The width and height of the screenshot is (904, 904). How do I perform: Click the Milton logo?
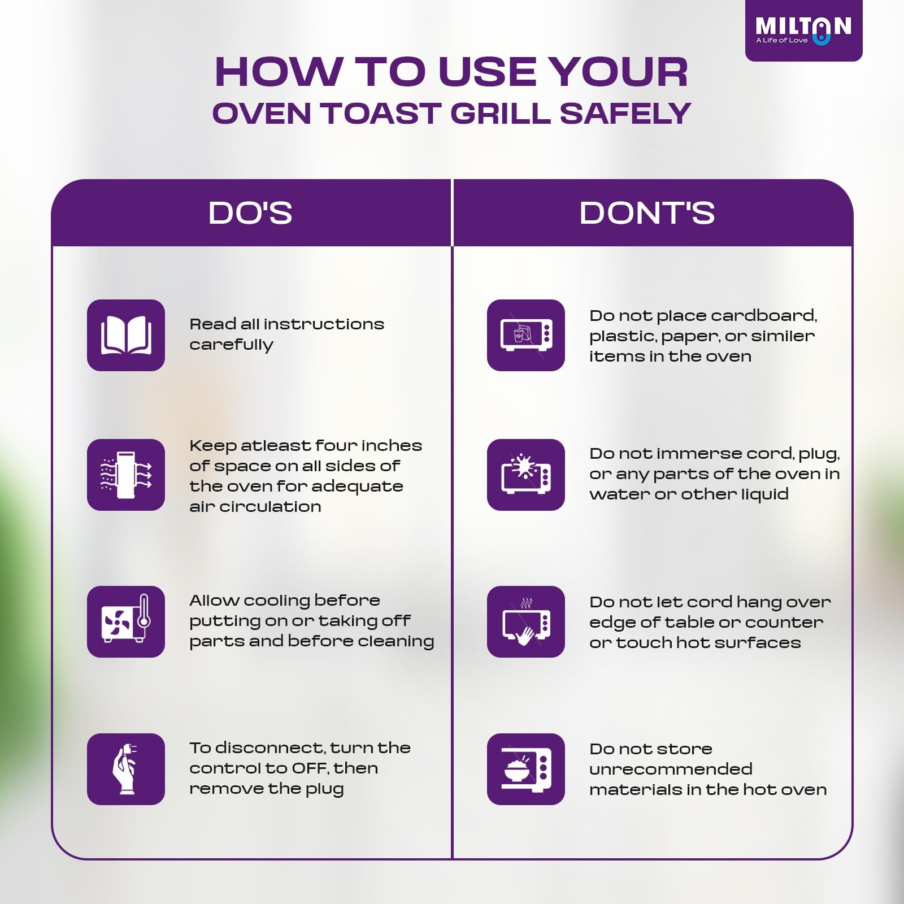[x=803, y=31]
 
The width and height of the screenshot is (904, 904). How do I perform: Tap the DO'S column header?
[x=250, y=213]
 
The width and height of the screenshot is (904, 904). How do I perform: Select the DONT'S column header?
[x=647, y=213]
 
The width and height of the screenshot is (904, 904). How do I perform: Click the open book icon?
[x=126, y=335]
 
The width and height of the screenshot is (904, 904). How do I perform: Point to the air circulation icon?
[x=126, y=475]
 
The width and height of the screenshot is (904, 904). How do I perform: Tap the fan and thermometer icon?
[x=126, y=621]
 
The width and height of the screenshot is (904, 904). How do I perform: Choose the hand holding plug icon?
[x=126, y=769]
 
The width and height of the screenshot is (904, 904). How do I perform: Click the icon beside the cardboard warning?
[x=526, y=335]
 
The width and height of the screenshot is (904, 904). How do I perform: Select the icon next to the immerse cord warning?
[x=526, y=475]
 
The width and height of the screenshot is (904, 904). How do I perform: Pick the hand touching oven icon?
[x=526, y=621]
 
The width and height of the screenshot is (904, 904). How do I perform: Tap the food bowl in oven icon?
[x=526, y=769]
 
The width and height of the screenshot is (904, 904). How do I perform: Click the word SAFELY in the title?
[x=625, y=113]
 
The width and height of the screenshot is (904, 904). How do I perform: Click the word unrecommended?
[x=671, y=769]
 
